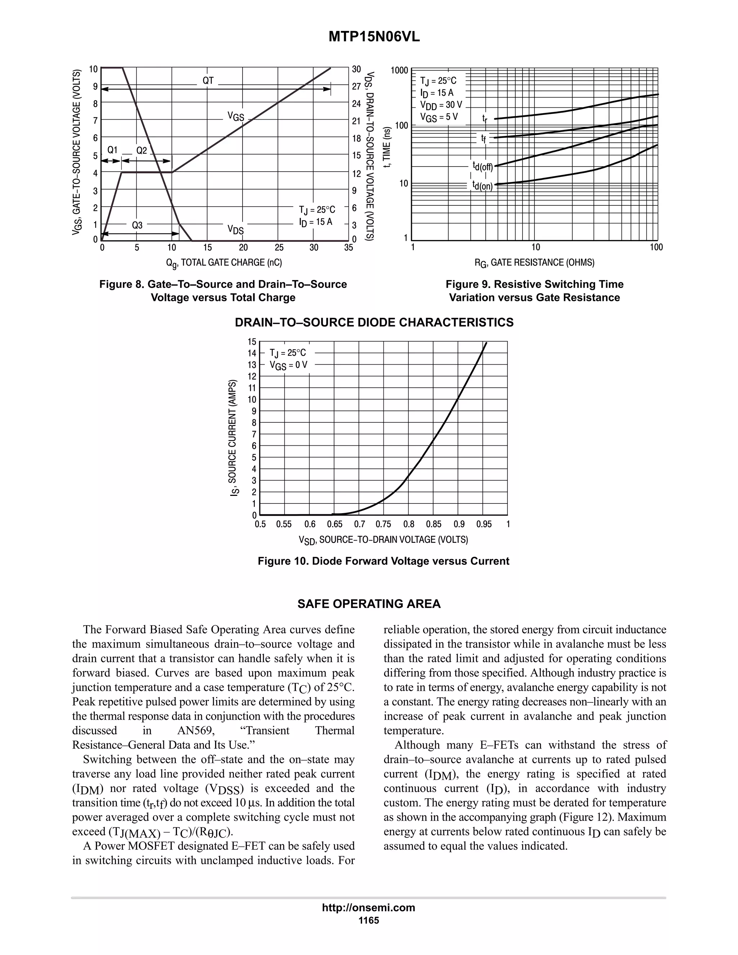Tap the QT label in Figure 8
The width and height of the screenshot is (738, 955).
tap(208, 80)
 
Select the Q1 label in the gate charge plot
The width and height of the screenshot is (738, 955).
tap(112, 150)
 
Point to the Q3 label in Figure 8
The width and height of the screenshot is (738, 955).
tap(137, 225)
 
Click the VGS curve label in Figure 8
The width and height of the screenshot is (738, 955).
tap(235, 116)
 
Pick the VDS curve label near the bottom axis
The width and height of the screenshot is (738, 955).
tap(235, 230)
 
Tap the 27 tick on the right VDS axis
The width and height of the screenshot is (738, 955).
tap(357, 86)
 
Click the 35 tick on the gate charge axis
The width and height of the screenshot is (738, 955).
tap(348, 248)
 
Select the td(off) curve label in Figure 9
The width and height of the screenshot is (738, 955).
tap(482, 166)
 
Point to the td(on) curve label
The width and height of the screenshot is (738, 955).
tap(482, 186)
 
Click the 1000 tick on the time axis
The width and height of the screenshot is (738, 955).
tap(399, 70)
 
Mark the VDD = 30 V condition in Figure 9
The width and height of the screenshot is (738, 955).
tap(441, 105)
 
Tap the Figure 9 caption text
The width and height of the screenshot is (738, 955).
tap(534, 291)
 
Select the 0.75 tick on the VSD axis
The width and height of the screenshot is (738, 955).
tap(383, 524)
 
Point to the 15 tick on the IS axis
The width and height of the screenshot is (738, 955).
tap(252, 342)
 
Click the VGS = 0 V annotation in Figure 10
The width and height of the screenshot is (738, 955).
tap(288, 365)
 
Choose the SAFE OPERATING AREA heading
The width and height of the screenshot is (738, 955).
tap(369, 604)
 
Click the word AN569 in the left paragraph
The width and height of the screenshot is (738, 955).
tap(194, 731)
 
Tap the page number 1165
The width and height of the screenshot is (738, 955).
tap(369, 920)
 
